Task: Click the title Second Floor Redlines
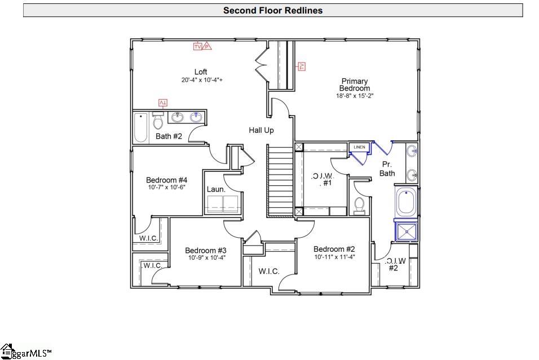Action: point(272,10)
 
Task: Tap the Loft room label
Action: point(201,72)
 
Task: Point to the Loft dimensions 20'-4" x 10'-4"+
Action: point(202,80)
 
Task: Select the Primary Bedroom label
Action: point(355,85)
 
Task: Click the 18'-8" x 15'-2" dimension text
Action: point(355,96)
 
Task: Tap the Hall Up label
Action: point(261,130)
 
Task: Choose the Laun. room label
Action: point(216,189)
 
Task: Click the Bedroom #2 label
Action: point(334,249)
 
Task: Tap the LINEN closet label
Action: point(359,147)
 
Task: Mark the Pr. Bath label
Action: point(387,169)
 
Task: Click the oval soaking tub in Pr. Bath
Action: point(406,203)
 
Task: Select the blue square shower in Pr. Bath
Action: point(406,232)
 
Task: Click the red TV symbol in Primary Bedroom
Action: point(302,66)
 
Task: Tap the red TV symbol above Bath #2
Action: point(163,103)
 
